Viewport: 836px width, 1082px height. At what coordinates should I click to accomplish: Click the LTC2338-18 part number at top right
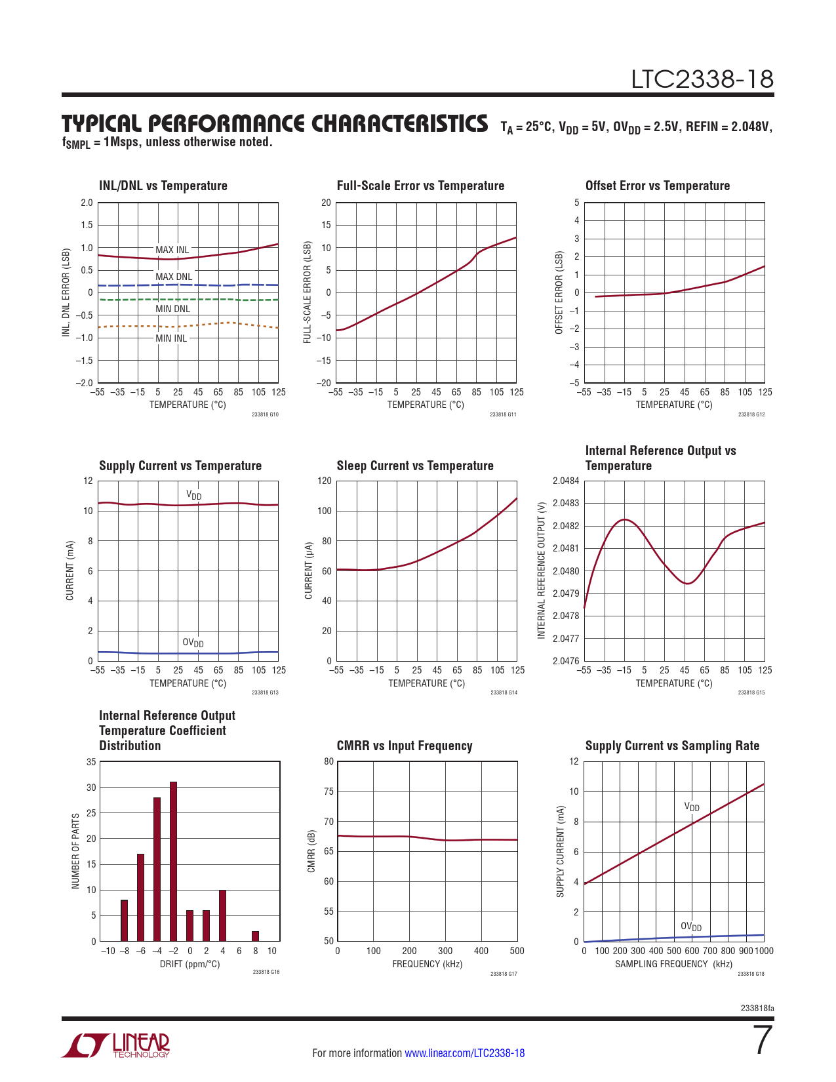[x=702, y=79]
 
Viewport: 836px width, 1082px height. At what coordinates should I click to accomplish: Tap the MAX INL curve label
[x=172, y=250]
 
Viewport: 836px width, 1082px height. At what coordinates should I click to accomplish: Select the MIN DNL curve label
[x=172, y=309]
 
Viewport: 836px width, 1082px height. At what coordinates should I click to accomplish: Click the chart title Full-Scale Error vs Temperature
[x=420, y=186]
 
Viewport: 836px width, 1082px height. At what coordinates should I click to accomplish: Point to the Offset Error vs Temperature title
[x=657, y=186]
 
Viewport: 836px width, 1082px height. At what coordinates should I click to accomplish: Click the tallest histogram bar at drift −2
[x=173, y=861]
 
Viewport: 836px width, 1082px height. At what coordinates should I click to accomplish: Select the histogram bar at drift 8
[x=255, y=936]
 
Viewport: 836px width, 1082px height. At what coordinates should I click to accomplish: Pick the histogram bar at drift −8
[x=124, y=921]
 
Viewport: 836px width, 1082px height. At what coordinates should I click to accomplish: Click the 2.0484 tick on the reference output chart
[x=566, y=481]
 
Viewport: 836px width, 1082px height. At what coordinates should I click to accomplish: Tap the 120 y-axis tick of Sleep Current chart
[x=325, y=481]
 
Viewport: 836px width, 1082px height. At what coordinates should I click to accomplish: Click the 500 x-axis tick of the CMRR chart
[x=517, y=951]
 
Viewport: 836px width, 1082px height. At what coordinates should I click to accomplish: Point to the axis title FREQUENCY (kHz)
[x=427, y=964]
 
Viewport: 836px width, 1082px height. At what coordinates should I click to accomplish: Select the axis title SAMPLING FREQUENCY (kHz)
[x=673, y=964]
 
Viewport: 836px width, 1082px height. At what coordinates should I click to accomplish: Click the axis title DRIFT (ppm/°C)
[x=190, y=964]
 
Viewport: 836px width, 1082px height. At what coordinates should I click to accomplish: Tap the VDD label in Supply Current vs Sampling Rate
[x=692, y=807]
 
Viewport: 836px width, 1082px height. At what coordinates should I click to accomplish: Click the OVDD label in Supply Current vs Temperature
[x=193, y=643]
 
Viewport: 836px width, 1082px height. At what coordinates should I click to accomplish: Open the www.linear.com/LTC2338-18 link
[x=464, y=1053]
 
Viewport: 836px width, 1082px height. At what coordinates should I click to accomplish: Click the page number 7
[x=763, y=1040]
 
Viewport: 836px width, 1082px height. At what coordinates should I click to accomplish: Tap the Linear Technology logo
[x=116, y=1046]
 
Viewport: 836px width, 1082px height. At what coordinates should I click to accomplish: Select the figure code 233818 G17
[x=504, y=974]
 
